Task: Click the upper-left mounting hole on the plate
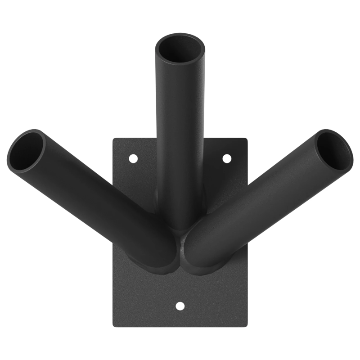coord(133,158)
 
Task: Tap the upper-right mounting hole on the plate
coord(227,158)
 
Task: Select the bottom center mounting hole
coord(180,306)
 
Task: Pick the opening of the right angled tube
coord(333,150)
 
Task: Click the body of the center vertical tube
coord(180,135)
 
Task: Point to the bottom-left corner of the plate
coord(113,325)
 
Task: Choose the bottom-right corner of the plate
coord(247,325)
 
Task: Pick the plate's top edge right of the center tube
coord(225,139)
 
